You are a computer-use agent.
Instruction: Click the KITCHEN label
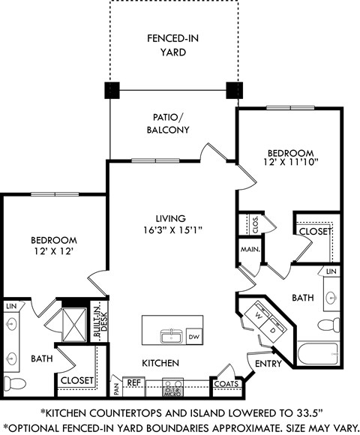click(x=160, y=363)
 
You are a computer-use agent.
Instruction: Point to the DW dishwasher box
click(x=193, y=337)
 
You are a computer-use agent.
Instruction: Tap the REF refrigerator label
click(x=133, y=382)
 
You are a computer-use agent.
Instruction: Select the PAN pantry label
click(x=116, y=385)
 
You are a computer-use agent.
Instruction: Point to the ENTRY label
click(x=269, y=364)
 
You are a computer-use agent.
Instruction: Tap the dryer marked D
click(x=274, y=328)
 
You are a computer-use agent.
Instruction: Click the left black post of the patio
click(x=112, y=90)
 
